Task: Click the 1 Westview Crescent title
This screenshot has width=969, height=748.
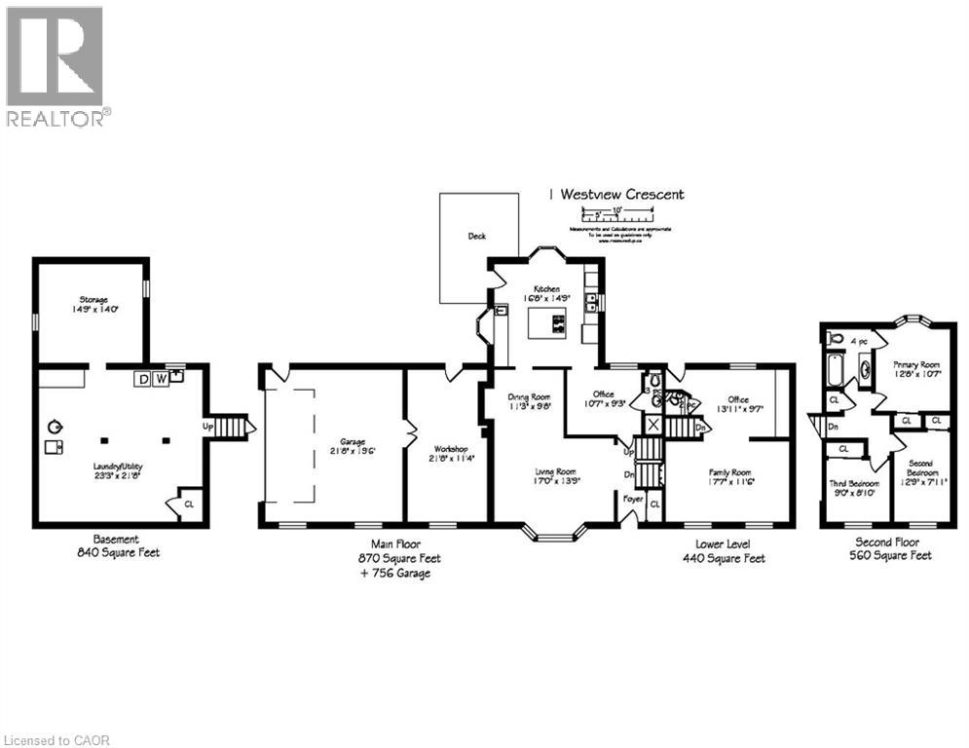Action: click(615, 194)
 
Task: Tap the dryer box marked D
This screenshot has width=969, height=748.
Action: click(143, 378)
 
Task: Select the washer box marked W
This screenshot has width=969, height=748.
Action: click(161, 378)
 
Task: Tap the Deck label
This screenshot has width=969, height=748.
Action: click(476, 236)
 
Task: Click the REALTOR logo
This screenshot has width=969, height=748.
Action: click(56, 65)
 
